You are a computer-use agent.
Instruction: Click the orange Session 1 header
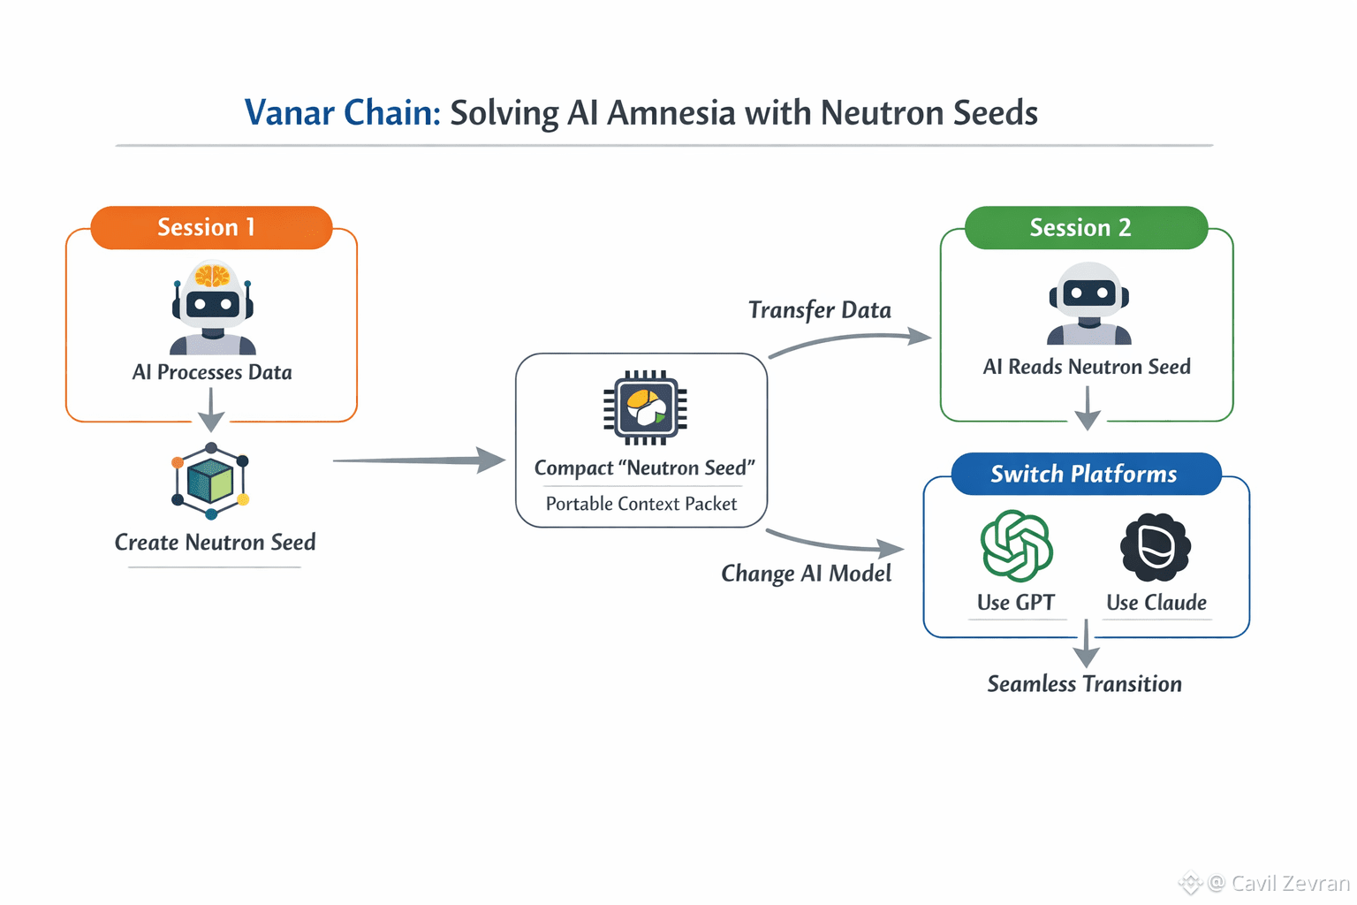211,228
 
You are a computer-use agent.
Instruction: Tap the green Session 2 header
1085,228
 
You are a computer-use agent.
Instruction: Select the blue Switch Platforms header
1085,475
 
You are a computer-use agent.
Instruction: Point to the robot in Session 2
1088,304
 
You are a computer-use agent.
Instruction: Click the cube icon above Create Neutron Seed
210,481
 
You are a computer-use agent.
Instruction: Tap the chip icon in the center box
645,407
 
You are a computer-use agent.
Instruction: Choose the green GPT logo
1016,546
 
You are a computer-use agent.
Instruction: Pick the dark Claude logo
1156,547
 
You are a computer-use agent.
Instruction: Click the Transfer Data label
820,310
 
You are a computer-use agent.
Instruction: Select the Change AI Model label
806,574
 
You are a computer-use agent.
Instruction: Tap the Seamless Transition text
1084,684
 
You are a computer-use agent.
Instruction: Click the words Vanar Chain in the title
341,113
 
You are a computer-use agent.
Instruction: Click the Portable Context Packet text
641,504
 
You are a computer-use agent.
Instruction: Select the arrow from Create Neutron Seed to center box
419,460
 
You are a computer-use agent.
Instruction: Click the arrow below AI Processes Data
211,408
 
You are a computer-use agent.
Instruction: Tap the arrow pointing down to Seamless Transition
1086,644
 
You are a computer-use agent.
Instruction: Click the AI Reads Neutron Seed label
1087,367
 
